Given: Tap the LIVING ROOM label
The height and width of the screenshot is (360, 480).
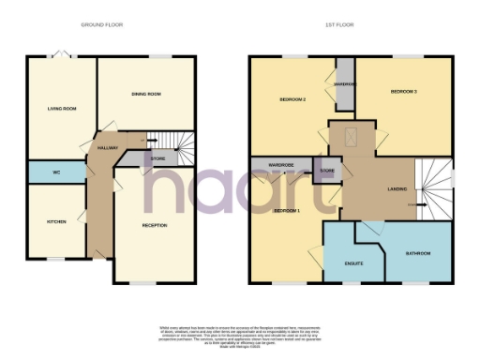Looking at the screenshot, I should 61,110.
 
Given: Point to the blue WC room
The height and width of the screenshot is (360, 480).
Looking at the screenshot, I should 56,172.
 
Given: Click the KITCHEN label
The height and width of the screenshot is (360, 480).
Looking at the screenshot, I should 57,221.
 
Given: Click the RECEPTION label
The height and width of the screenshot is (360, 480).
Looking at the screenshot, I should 155,225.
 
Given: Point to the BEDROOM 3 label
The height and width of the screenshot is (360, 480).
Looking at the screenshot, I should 404,91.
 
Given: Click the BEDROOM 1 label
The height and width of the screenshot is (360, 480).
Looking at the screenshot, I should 287,211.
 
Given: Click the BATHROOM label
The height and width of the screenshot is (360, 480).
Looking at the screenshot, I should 418,253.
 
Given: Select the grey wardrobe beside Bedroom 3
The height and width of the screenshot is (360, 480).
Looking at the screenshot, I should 345,84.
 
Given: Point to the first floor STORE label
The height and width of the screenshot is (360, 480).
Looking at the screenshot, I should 327,171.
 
